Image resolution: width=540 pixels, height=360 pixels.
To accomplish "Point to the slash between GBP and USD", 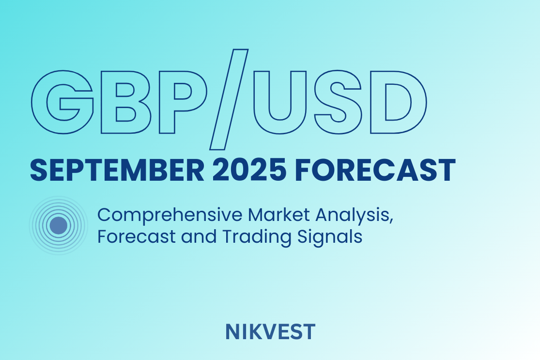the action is pyautogui.click(x=229, y=99).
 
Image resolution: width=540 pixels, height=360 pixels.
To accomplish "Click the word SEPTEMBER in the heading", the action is pyautogui.click(x=117, y=170).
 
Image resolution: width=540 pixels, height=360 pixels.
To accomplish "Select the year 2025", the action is pyautogui.click(x=249, y=170).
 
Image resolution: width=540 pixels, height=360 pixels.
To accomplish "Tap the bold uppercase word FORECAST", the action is pyautogui.click(x=375, y=170).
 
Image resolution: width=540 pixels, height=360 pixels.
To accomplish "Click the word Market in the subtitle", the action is pyautogui.click(x=279, y=215).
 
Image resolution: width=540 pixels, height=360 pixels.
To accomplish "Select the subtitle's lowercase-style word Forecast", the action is pyautogui.click(x=137, y=236).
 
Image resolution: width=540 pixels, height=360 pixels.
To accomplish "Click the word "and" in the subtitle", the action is pyautogui.click(x=199, y=236).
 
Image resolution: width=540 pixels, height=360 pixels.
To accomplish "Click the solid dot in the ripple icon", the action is pyautogui.click(x=59, y=226).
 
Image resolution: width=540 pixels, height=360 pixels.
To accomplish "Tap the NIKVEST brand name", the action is pyautogui.click(x=270, y=332).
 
